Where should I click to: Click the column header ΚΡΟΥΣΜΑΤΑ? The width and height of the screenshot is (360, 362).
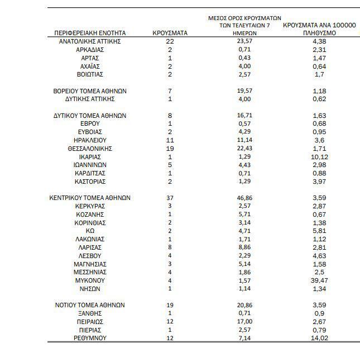(170, 34)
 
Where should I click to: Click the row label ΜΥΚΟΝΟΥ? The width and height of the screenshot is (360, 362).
(90, 280)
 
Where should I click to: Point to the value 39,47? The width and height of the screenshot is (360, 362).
(319, 280)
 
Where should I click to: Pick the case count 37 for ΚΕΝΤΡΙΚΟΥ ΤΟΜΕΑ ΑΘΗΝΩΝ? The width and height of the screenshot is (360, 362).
(170, 198)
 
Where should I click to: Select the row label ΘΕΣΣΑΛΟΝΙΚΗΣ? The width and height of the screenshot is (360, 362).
(90, 149)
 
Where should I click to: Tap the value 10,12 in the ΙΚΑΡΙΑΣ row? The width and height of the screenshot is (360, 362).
(319, 157)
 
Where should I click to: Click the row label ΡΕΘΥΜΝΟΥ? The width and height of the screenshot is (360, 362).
(90, 338)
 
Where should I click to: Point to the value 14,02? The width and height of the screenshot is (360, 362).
(319, 338)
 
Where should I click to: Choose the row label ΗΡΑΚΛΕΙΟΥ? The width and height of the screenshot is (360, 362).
(90, 140)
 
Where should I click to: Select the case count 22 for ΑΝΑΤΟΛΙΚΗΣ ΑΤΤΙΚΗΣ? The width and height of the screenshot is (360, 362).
(170, 41)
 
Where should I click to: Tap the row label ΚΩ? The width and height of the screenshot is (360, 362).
(90, 231)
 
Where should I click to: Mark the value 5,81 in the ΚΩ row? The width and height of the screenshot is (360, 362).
(319, 231)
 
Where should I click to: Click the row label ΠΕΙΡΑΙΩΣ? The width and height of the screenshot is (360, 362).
(90, 322)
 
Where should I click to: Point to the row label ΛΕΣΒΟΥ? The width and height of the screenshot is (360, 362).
(90, 256)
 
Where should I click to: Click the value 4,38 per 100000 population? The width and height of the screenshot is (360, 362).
(319, 41)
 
